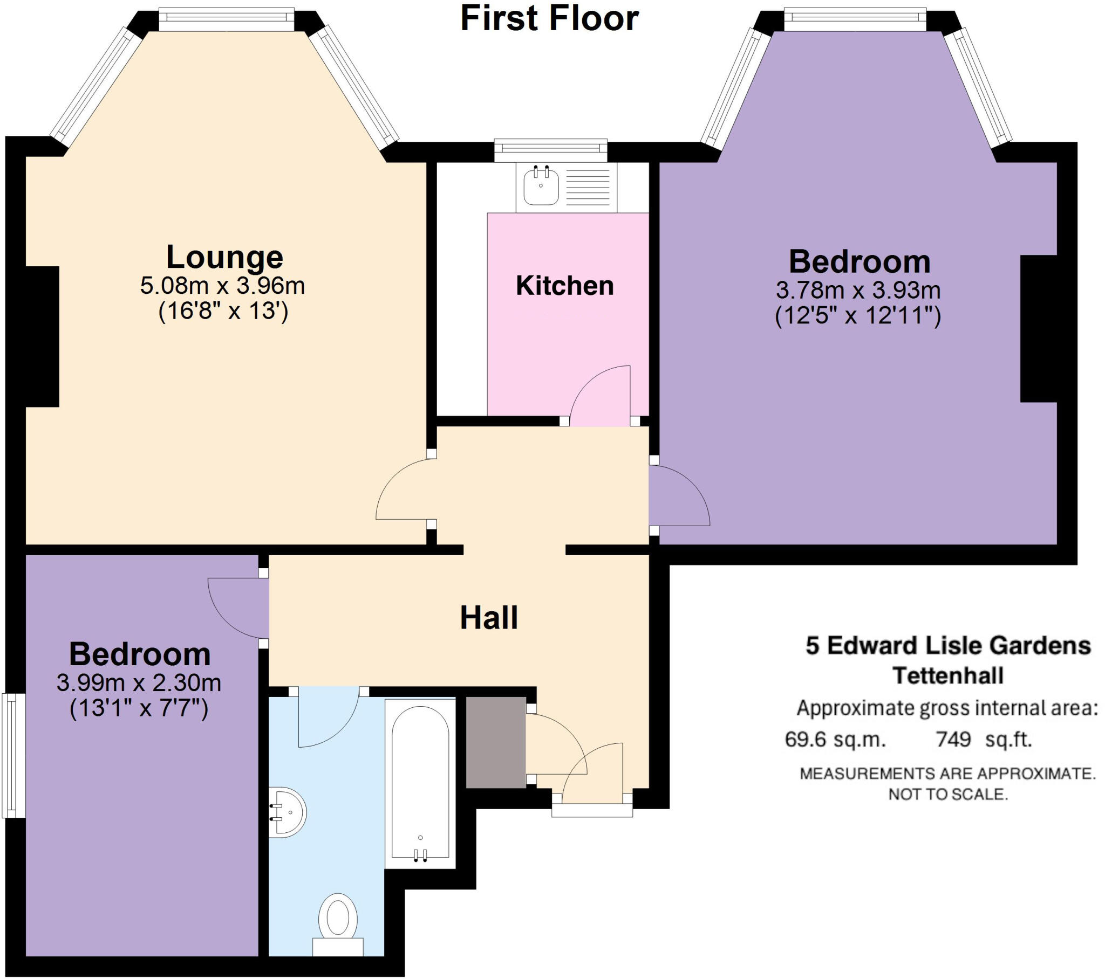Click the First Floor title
click(x=549, y=18)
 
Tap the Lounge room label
click(x=224, y=257)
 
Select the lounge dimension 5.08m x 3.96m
click(x=222, y=286)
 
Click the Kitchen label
click(x=564, y=286)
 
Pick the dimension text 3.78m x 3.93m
click(x=858, y=291)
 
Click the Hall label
click(x=489, y=618)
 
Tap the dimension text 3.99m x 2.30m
click(x=139, y=684)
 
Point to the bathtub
click(x=420, y=783)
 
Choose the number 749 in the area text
click(x=953, y=739)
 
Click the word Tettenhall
click(x=948, y=676)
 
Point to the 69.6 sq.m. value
click(x=835, y=739)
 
